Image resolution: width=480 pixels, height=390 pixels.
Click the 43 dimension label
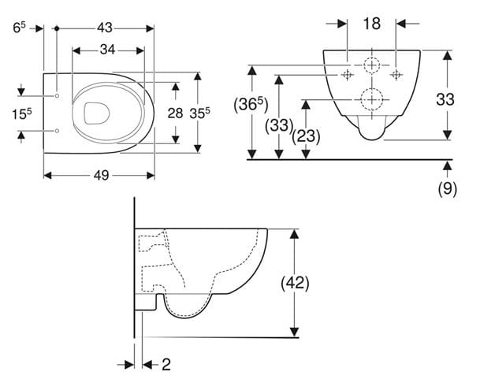[105, 28]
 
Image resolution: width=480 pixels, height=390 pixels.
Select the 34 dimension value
[107, 50]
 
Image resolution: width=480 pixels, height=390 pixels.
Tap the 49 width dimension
[102, 176]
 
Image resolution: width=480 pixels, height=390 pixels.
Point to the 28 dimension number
[175, 113]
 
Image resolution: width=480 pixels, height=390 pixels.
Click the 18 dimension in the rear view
[372, 24]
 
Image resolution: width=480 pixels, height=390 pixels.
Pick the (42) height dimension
[295, 283]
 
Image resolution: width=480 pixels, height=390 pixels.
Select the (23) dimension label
[306, 136]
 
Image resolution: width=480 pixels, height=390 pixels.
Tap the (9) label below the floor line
[447, 188]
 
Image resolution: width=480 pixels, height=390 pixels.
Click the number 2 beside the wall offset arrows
[166, 365]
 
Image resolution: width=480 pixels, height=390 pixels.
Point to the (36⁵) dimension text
[251, 105]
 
